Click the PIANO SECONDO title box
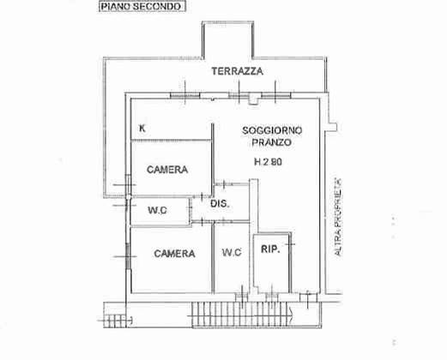click(142, 7)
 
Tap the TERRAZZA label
click(237, 71)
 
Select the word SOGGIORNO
click(272, 130)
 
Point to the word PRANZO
click(271, 142)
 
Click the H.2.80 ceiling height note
click(268, 162)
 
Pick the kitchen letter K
click(142, 129)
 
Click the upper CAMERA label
click(167, 170)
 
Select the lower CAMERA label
click(174, 254)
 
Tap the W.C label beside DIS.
click(157, 211)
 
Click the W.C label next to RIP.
click(232, 252)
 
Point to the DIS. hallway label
click(220, 204)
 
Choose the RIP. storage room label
click(270, 249)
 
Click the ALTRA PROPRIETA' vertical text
click(338, 217)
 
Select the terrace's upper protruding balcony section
click(227, 39)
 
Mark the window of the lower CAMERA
click(128, 256)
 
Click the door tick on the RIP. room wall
click(290, 244)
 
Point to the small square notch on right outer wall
click(333, 127)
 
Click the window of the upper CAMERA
click(128, 185)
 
